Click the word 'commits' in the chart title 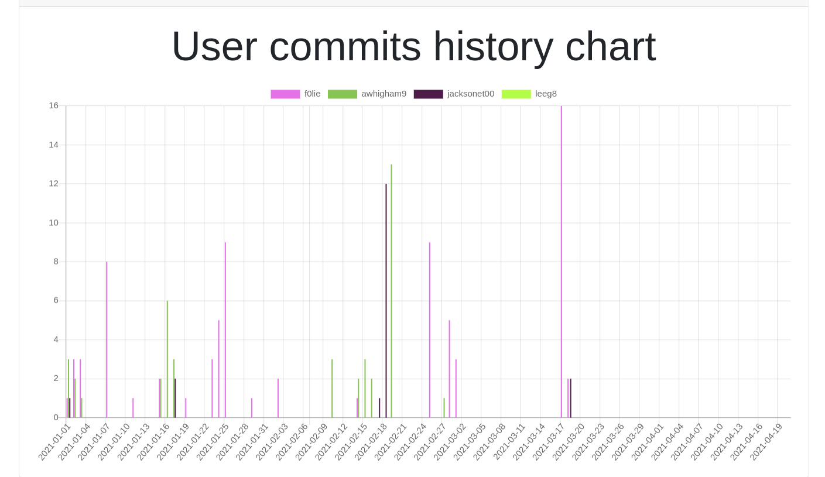tap(345, 47)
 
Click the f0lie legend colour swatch tap(285, 94)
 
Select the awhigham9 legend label tap(384, 94)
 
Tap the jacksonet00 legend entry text tap(470, 94)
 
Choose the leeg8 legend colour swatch tap(516, 94)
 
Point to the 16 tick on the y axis tap(53, 105)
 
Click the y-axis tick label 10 tap(53, 222)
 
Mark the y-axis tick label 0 tap(56, 417)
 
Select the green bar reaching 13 tap(391, 293)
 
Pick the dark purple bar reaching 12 tap(386, 304)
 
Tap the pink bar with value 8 tap(107, 339)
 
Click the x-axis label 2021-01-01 tap(53, 442)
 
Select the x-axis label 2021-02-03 tap(271, 442)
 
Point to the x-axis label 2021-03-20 tap(568, 442)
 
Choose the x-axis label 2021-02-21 tap(390, 442)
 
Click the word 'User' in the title tap(214, 47)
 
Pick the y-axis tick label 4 tap(56, 339)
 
